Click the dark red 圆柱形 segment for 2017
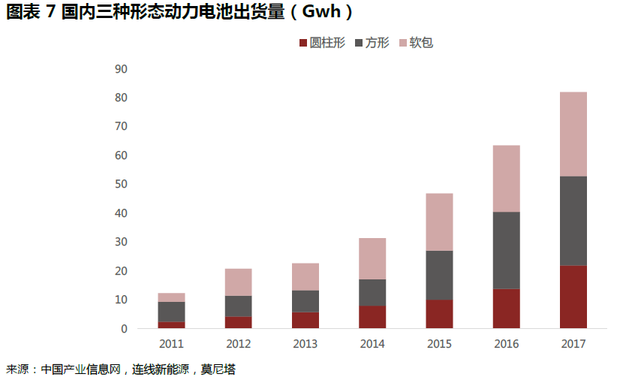(573, 297)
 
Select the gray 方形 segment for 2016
(507, 250)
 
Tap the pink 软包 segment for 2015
(439, 222)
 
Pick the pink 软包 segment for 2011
(171, 297)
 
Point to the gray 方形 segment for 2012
(238, 306)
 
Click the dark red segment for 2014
(372, 317)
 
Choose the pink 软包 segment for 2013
(305, 276)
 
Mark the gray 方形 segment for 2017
(573, 221)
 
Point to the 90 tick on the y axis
(121, 69)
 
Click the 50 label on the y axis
(121, 184)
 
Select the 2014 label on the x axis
(372, 344)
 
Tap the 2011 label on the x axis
(171, 344)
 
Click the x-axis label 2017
(573, 344)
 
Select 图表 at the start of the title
(22, 12)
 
